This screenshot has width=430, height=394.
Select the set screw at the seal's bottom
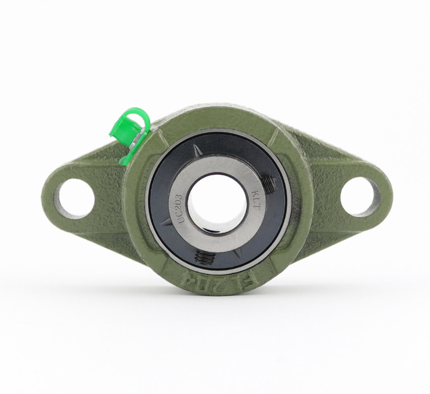tap(206, 258)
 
